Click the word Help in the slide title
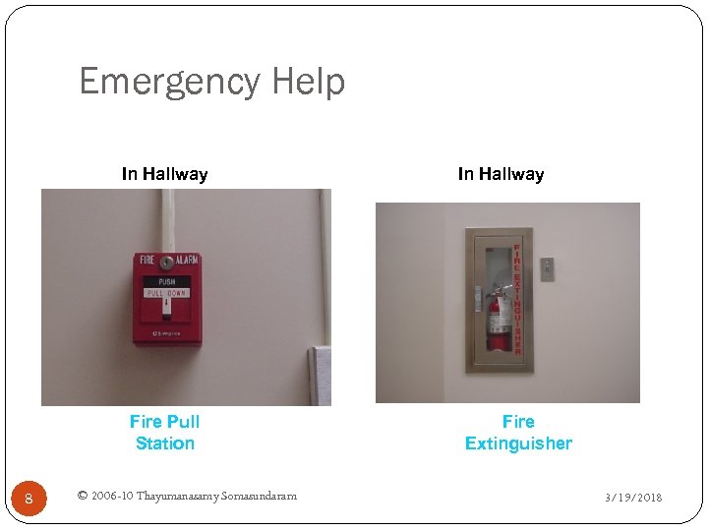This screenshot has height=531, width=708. tap(310, 82)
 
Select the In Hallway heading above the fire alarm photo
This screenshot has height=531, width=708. tap(164, 174)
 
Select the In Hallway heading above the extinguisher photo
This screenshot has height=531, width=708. tap(501, 174)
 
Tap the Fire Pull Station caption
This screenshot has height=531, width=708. tap(164, 433)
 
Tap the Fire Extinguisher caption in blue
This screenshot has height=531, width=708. tap(518, 433)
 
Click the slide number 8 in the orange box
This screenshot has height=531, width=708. tap(29, 499)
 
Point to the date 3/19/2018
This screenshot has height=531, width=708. tap(633, 498)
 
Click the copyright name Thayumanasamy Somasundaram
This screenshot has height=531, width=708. tap(216, 496)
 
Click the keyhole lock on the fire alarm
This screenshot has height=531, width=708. tap(166, 263)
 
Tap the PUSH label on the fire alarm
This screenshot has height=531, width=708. tap(166, 281)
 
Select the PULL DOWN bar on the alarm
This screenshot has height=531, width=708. tap(165, 293)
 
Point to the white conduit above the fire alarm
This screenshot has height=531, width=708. tap(167, 220)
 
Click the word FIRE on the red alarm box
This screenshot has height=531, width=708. tap(147, 262)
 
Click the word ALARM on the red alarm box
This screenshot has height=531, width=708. tap(186, 262)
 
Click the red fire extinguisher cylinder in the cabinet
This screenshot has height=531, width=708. tap(500, 320)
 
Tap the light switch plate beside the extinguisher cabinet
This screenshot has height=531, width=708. tap(548, 269)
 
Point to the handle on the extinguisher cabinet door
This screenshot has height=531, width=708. tap(477, 295)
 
